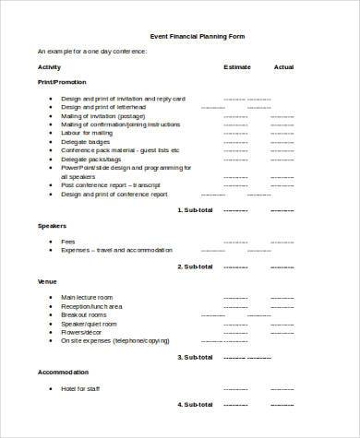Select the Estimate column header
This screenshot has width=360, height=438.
coord(236,67)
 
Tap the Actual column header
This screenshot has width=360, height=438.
coord(284,67)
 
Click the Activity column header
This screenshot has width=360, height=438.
coord(49,67)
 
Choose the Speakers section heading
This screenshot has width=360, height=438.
coord(51,226)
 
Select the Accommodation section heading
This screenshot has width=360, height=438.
coord(62,372)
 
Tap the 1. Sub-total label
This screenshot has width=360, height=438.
coord(194,210)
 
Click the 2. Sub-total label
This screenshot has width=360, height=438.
coord(194,266)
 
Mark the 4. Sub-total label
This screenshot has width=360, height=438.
coord(194,403)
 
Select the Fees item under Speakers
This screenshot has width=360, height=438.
coord(69,241)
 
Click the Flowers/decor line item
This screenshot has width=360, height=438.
coord(84,333)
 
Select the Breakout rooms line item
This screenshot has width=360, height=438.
coord(86,314)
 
